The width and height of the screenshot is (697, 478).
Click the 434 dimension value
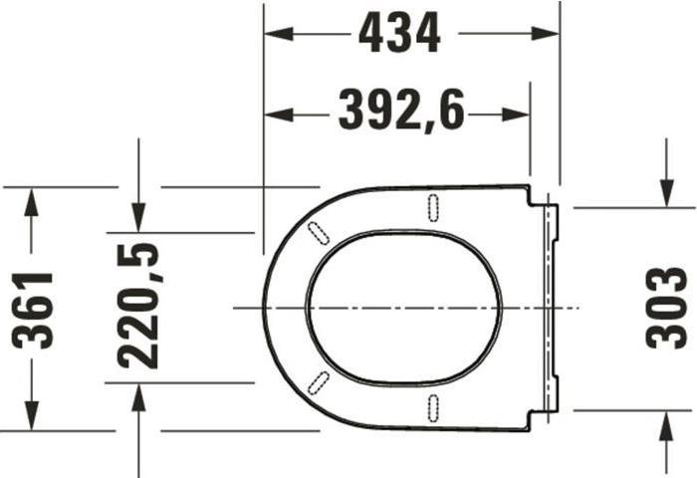399,35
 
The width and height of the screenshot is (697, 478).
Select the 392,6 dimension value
400,112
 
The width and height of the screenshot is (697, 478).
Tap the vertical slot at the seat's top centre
433,205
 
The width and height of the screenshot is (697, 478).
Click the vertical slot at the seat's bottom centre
433,406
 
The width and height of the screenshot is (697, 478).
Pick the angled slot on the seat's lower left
321,381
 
